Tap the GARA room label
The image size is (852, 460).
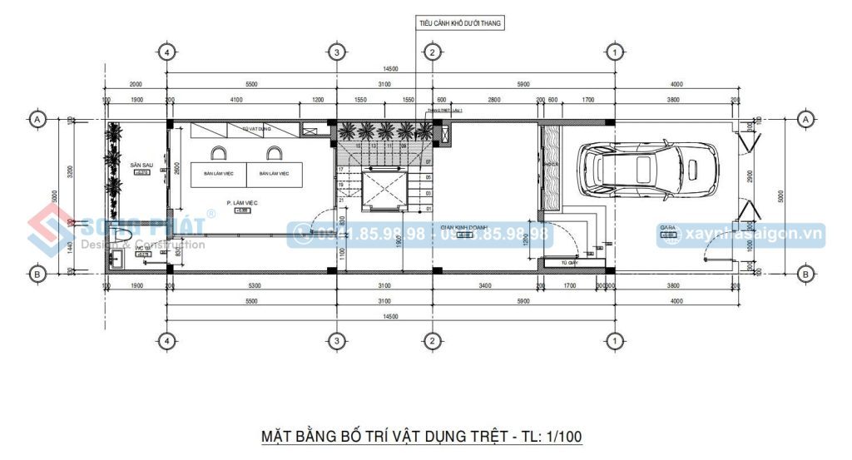coord(666,226)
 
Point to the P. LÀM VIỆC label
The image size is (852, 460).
coord(242,202)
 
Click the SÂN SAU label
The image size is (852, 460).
coord(139,166)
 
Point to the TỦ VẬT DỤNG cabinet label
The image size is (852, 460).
coord(251,129)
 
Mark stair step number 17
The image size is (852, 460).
coord(341,170)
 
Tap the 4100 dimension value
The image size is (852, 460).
coord(235,100)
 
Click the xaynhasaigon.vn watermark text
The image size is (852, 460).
coord(752,235)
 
